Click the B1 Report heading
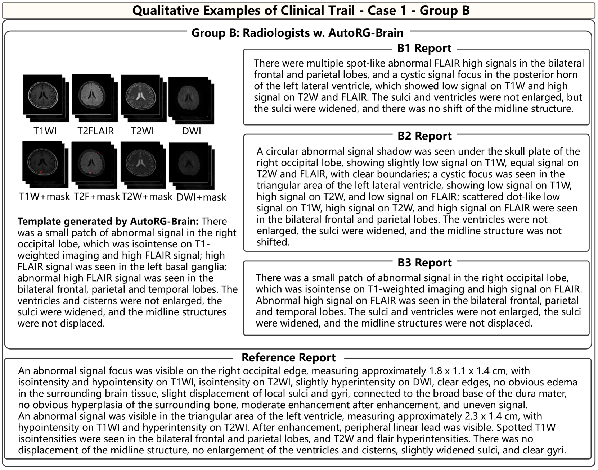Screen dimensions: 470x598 (x=424, y=48)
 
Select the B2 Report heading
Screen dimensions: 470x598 (x=424, y=136)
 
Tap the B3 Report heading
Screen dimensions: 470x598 (x=424, y=263)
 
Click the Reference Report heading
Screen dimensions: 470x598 (x=288, y=357)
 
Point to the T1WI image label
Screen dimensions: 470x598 (x=45, y=131)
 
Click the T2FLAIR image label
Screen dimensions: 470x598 (x=95, y=131)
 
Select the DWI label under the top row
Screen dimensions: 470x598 (x=191, y=131)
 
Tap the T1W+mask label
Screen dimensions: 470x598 (x=44, y=197)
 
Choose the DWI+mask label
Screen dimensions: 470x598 (x=202, y=197)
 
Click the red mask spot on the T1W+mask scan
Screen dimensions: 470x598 (x=41, y=172)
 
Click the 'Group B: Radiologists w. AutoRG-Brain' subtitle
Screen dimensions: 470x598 (x=297, y=33)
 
